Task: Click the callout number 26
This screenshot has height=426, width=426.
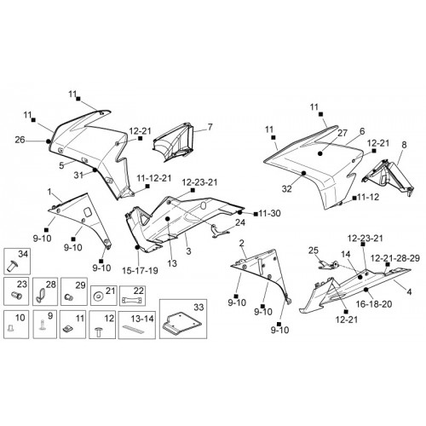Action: click(x=20, y=140)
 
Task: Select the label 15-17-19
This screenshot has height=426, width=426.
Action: click(x=140, y=270)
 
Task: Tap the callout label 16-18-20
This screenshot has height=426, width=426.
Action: click(x=374, y=304)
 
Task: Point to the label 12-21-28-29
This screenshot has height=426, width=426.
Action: click(x=395, y=258)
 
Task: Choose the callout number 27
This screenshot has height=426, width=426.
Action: click(x=343, y=133)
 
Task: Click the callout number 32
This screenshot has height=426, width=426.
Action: click(x=287, y=188)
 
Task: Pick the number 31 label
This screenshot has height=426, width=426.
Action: click(x=78, y=176)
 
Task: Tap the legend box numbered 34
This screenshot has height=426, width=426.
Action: click(x=17, y=261)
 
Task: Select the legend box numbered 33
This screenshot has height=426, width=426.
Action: click(x=183, y=319)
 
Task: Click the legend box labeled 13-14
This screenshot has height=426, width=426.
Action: click(x=137, y=325)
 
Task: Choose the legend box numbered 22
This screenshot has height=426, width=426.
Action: click(x=132, y=296)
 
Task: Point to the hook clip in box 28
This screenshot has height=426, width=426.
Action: click(x=40, y=296)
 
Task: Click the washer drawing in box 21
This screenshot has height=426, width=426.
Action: click(x=98, y=296)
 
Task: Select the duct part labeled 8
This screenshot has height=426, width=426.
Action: click(x=389, y=176)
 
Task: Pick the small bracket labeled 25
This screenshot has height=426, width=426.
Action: click(x=327, y=265)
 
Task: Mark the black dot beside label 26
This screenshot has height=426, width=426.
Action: click(x=49, y=141)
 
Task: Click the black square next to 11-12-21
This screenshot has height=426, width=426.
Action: click(x=147, y=186)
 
